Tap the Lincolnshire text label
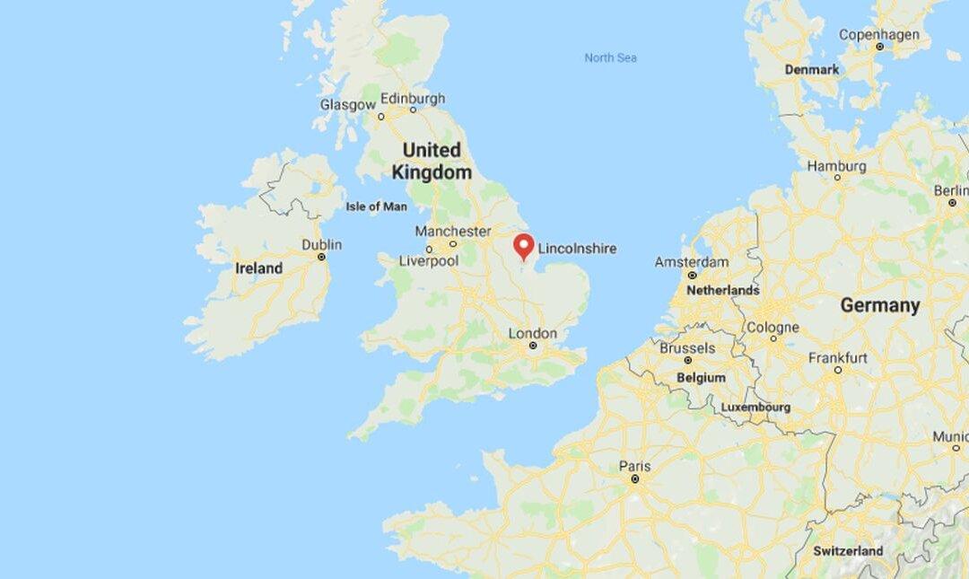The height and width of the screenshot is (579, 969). pyautogui.click(x=577, y=249)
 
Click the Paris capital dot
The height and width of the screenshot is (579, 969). pyautogui.click(x=634, y=480)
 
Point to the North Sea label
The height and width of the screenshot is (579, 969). pyautogui.click(x=610, y=58)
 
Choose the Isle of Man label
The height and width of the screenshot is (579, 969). pyautogui.click(x=376, y=206)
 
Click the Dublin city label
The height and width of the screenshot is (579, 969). pyautogui.click(x=321, y=244)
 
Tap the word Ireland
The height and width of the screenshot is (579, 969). pyautogui.click(x=258, y=268)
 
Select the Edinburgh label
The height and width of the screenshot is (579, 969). pyautogui.click(x=413, y=99)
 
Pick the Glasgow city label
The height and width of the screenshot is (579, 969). pyautogui.click(x=348, y=105)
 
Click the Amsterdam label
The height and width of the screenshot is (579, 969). pyautogui.click(x=691, y=262)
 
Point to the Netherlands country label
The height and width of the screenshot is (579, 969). pyautogui.click(x=722, y=291)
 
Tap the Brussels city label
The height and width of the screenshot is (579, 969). pyautogui.click(x=687, y=347)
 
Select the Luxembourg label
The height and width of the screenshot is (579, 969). pyautogui.click(x=755, y=408)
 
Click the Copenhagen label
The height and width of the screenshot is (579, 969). pyautogui.click(x=878, y=35)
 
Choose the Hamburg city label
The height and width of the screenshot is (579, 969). pyautogui.click(x=836, y=166)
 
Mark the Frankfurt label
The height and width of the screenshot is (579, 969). pyautogui.click(x=837, y=357)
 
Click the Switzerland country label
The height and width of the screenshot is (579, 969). pyautogui.click(x=848, y=550)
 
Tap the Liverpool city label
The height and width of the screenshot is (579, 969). pyautogui.click(x=428, y=261)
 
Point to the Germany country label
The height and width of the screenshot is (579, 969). pyautogui.click(x=879, y=305)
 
